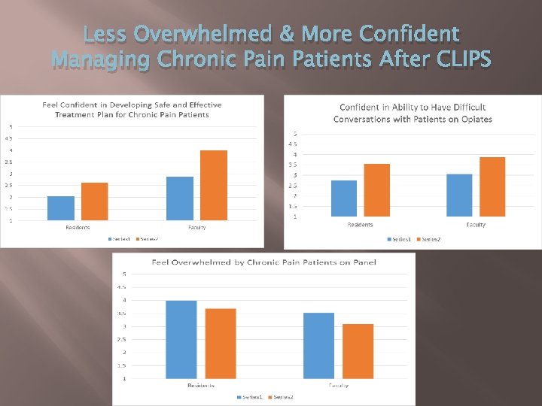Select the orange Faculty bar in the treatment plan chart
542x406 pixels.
click(214, 185)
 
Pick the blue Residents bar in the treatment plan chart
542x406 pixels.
click(61, 208)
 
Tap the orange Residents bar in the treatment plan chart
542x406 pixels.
click(95, 201)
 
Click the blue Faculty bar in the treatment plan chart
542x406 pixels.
click(180, 198)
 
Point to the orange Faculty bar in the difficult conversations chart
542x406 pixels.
click(492, 186)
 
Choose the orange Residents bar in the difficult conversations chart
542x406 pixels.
click(377, 190)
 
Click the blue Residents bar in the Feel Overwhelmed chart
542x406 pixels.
click(181, 339)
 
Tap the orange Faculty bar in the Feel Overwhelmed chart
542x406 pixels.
click(358, 351)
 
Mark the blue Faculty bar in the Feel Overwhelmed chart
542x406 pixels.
click(319, 345)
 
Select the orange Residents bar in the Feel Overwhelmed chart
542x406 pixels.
click(221, 343)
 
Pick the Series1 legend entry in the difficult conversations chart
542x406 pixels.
click(400, 239)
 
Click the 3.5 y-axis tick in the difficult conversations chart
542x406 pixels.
click(293, 165)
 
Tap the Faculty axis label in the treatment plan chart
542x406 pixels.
click(197, 227)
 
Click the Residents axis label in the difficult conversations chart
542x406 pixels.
click(360, 225)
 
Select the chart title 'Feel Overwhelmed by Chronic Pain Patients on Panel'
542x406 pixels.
click(263, 262)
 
